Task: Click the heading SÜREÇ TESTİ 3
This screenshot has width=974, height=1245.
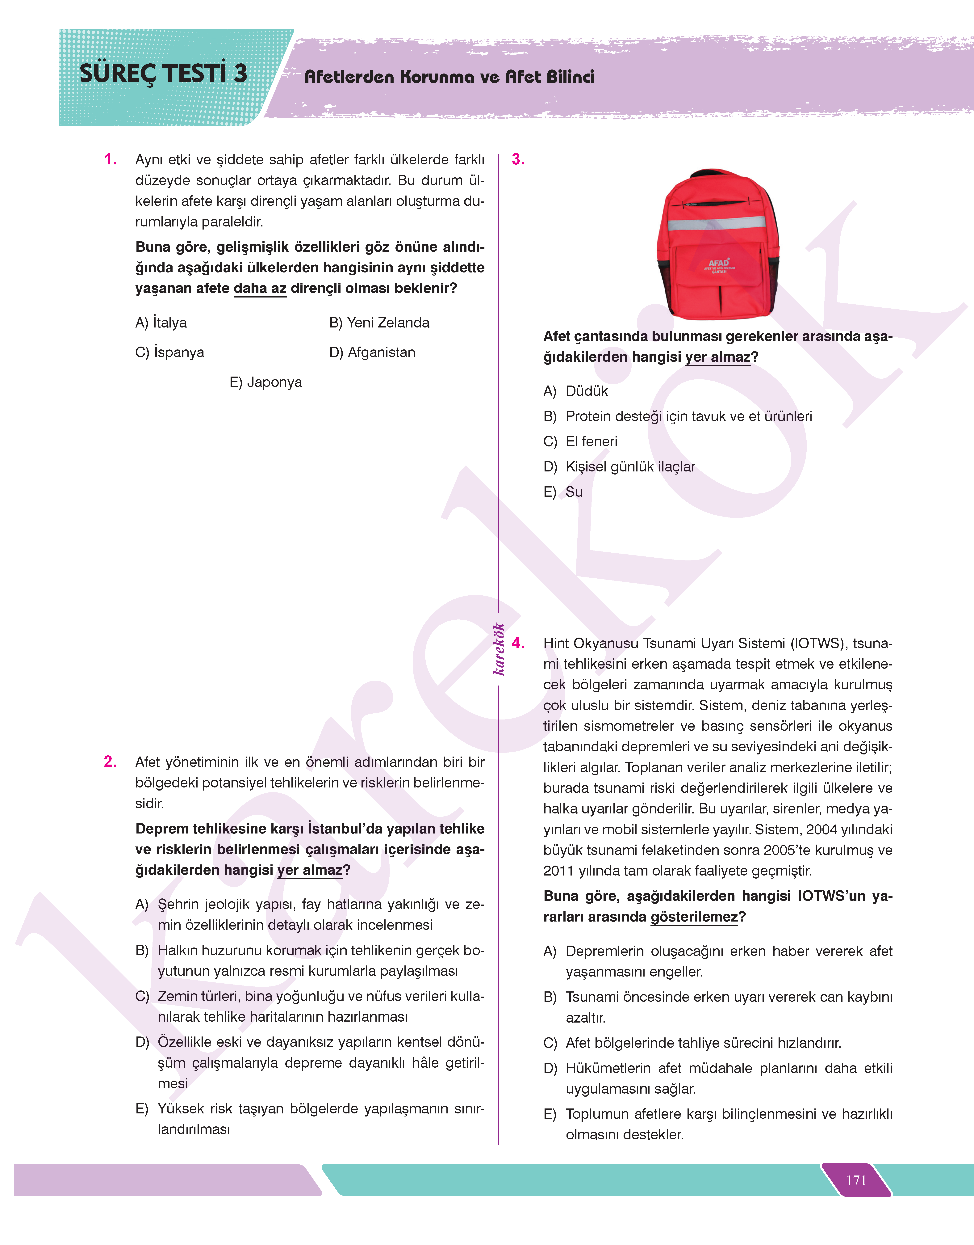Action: pyautogui.click(x=163, y=74)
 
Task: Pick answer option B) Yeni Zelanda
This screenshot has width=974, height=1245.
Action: pyautogui.click(x=379, y=323)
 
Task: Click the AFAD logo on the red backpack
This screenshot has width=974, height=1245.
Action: pyautogui.click(x=719, y=265)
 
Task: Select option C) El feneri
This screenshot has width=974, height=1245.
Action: pyautogui.click(x=580, y=442)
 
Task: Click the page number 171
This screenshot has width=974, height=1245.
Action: pyautogui.click(x=856, y=1180)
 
